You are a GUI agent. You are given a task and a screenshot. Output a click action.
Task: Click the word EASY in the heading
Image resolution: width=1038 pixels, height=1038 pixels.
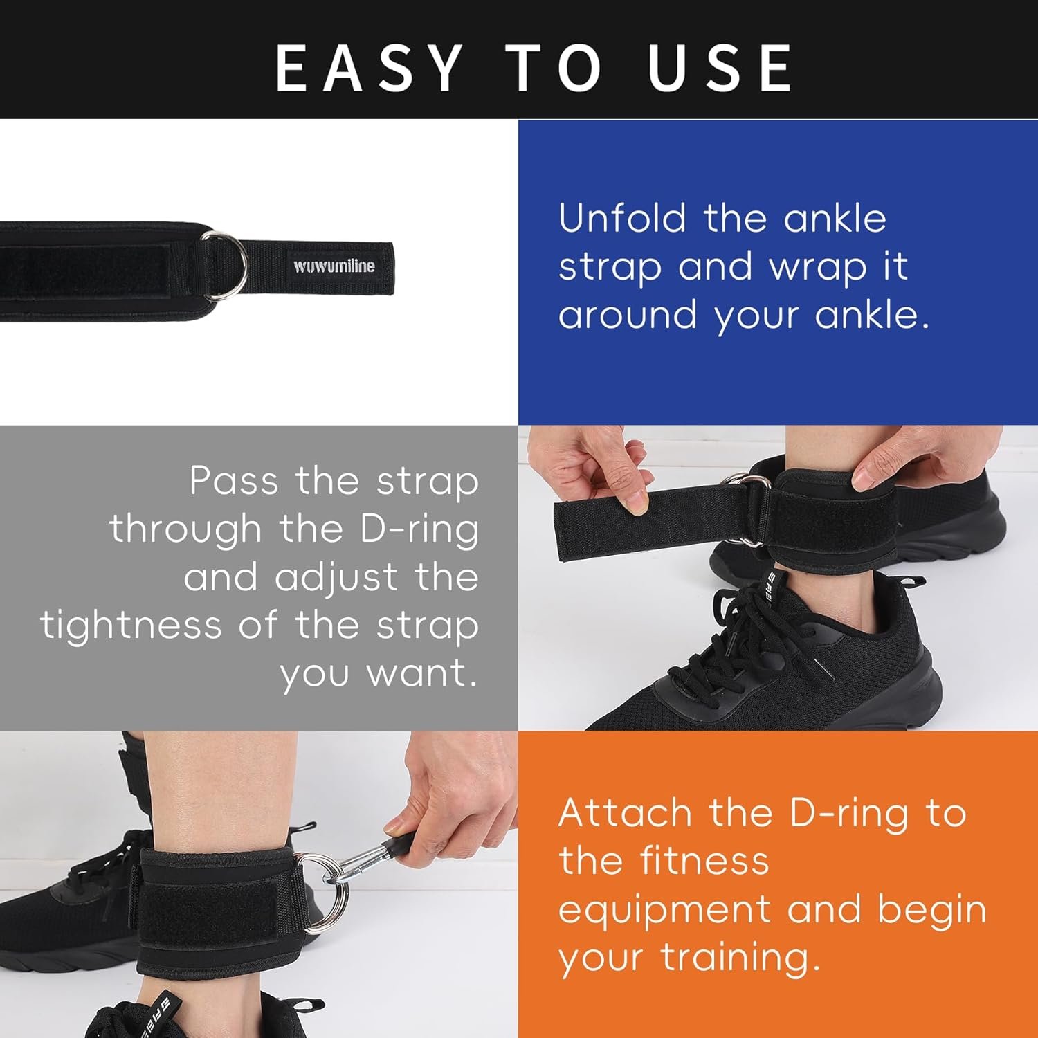[369, 68]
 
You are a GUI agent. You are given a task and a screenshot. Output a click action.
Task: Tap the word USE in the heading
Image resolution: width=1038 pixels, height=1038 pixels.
[720, 68]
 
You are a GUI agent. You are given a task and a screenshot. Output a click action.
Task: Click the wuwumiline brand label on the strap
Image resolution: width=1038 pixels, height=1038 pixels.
[334, 266]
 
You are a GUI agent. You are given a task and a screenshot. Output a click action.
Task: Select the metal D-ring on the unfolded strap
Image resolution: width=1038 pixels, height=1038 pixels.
[224, 266]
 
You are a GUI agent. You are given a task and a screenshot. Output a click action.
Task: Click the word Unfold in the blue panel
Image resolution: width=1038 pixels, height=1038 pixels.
[622, 218]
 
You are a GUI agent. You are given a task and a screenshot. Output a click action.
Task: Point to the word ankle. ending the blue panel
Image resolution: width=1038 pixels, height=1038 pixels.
[872, 315]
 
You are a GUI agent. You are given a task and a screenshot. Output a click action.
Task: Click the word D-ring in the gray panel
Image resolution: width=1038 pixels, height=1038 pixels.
[419, 531]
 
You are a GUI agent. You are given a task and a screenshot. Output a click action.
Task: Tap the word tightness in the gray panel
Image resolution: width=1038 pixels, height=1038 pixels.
[131, 625]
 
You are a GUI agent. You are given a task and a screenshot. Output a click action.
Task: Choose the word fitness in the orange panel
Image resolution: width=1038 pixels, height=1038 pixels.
[704, 861]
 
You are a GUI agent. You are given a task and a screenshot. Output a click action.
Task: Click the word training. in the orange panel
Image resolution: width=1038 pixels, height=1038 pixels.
[740, 958]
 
